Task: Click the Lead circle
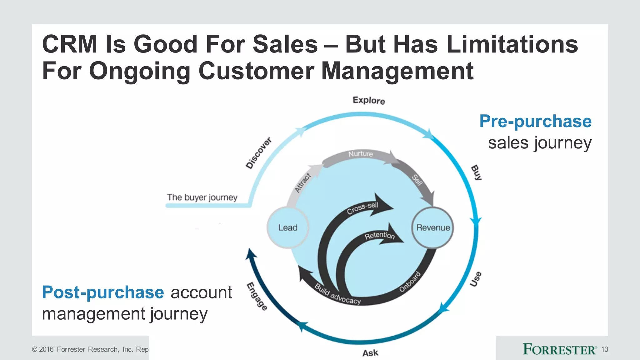coord(287,227)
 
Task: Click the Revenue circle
coord(433,227)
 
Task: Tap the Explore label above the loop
coord(369,100)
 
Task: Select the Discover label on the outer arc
coord(258,153)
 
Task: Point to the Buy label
coord(476,172)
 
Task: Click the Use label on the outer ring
coord(476,279)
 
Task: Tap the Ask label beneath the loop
coord(370,353)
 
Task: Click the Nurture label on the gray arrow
coord(361,154)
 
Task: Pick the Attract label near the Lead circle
coord(303,183)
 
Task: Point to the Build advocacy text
coord(337,294)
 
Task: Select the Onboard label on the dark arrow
coord(410,282)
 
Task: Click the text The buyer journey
coord(202,197)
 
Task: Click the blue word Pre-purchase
coord(535,121)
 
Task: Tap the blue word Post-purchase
coord(103,292)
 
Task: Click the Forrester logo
coord(560,349)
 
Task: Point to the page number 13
coord(604,349)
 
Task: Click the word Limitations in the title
coord(512,44)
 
